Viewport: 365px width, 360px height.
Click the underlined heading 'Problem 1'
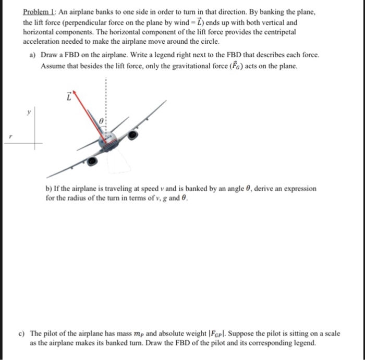(40, 12)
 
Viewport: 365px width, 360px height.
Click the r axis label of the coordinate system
(7, 136)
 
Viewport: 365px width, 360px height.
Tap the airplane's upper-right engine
(133, 134)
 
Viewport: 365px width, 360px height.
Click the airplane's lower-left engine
(92, 162)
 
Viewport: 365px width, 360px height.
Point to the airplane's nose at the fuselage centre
(107, 140)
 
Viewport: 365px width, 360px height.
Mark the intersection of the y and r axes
(36, 144)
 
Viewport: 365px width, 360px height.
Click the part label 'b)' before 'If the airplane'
(50, 189)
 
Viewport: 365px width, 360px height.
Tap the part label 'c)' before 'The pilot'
(33, 333)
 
